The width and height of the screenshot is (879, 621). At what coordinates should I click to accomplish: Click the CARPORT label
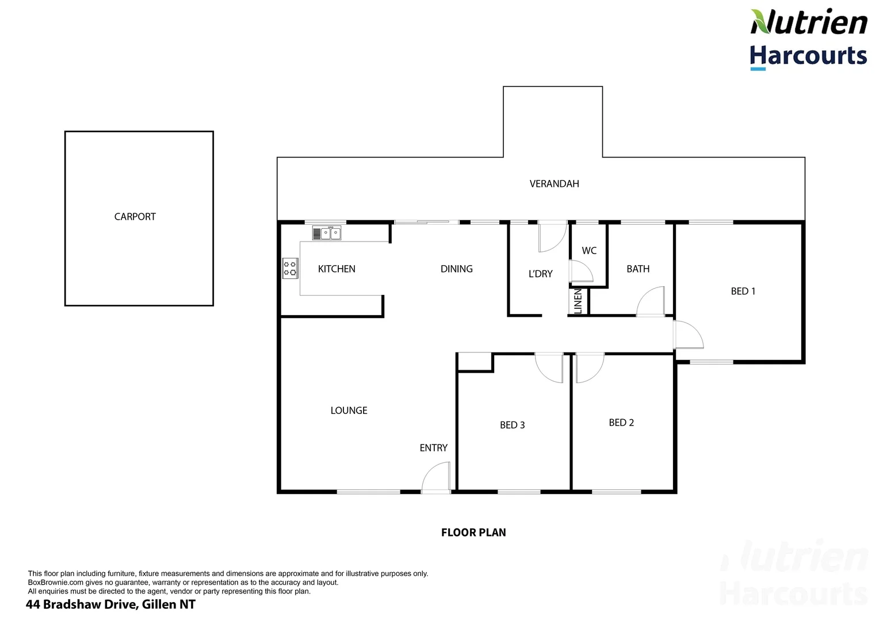[135, 217]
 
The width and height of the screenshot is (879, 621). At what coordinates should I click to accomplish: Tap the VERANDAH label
[554, 184]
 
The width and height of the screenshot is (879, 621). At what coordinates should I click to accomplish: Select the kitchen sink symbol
[327, 233]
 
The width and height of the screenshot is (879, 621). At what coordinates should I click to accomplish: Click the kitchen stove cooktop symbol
[290, 269]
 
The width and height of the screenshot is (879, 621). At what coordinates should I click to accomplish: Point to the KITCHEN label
[337, 269]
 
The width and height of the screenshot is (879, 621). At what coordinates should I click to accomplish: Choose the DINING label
[456, 269]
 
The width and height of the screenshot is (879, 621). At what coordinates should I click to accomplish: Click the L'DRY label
[540, 274]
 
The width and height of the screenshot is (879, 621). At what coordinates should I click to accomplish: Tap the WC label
[589, 251]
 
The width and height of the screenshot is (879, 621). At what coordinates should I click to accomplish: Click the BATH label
[638, 269]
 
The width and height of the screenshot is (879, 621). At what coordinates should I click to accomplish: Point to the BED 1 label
[743, 292]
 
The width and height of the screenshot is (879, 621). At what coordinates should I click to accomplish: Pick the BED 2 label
[621, 423]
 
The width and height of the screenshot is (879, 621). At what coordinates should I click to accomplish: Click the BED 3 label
[512, 425]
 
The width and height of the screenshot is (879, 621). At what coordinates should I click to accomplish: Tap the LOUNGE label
[349, 411]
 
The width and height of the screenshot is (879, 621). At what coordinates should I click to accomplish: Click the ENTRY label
[433, 448]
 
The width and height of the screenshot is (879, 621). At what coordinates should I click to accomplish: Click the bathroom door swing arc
[650, 301]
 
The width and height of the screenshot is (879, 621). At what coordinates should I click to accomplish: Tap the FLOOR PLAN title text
[473, 533]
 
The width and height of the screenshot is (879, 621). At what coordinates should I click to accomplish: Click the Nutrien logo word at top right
[808, 23]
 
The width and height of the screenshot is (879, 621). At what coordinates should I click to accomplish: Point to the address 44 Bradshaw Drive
[110, 604]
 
